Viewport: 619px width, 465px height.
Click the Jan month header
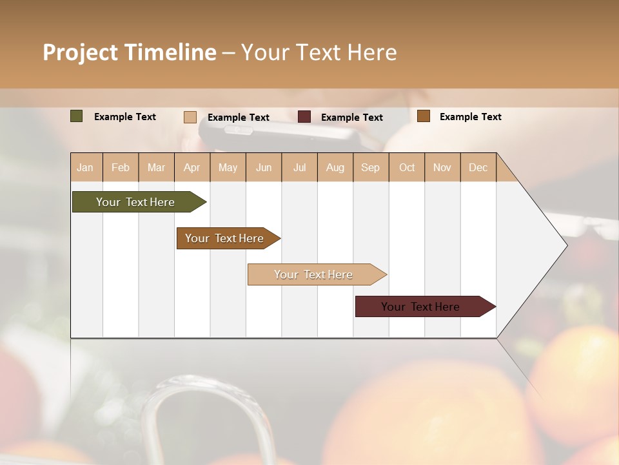[x=85, y=167]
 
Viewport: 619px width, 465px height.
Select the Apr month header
[x=192, y=167]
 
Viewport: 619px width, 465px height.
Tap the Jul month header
[x=300, y=167]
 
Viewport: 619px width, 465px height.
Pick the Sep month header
[x=370, y=167]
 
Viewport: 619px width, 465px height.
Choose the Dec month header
[x=478, y=167]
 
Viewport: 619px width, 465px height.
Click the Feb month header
[x=121, y=167]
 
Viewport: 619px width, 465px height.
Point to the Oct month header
[x=407, y=167]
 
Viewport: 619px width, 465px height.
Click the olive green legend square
[x=77, y=116]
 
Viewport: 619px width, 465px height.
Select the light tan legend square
[x=190, y=117]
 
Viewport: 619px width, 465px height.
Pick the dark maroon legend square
[x=304, y=117]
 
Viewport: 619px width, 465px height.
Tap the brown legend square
[x=424, y=116]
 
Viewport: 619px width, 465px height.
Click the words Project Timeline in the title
[x=129, y=52]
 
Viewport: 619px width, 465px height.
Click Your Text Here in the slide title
[x=319, y=52]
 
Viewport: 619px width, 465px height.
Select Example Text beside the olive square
[x=125, y=117]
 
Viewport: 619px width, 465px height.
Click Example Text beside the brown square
[x=471, y=117]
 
